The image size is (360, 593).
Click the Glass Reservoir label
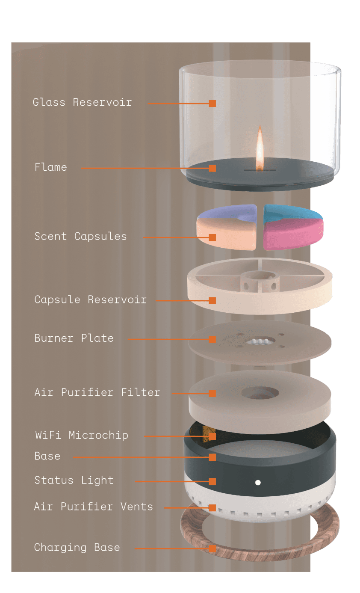[82, 103]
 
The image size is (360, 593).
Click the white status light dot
[258, 483]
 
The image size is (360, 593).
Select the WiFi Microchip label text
[81, 436]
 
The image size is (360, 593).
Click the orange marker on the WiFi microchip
[212, 436]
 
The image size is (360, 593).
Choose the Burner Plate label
[74, 338]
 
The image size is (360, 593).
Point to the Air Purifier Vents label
[93, 507]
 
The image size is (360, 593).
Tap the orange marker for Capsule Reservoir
[212, 301]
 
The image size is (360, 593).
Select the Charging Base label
[77, 548]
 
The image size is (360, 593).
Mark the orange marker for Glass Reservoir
[212, 103]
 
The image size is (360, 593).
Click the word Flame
[51, 167]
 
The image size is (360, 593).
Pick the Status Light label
[74, 480]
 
